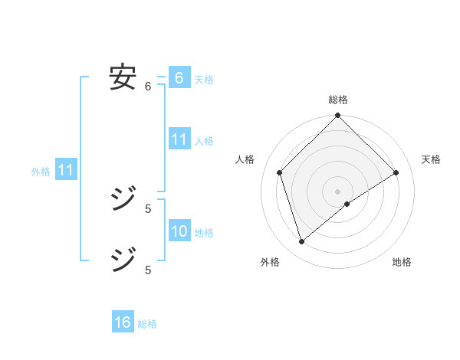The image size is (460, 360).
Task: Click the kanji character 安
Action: click(123, 77)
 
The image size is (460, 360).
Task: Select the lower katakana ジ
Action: click(123, 260)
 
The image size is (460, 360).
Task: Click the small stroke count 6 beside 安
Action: click(148, 87)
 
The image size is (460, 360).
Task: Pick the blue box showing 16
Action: click(123, 322)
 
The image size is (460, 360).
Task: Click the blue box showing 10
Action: click(179, 231)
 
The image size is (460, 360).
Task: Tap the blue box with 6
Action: click(179, 78)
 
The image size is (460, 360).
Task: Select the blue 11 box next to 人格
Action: click(179, 139)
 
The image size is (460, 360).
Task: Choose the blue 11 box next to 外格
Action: click(65, 170)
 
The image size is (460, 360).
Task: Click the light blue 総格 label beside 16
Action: click(147, 324)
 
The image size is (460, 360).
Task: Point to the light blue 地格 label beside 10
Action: click(204, 233)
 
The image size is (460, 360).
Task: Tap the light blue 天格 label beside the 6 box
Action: click(204, 80)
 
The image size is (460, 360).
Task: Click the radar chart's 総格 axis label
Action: click(338, 100)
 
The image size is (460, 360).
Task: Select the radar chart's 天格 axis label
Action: click(431, 159)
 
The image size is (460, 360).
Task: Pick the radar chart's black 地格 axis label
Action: click(402, 263)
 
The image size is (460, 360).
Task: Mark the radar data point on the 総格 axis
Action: click(338, 116)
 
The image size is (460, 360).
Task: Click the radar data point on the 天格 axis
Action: click(396, 172)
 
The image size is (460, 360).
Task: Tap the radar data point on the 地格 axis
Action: click(347, 204)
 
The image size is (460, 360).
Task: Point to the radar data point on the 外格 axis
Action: click(302, 242)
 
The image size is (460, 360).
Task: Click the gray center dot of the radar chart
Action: click(338, 191)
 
